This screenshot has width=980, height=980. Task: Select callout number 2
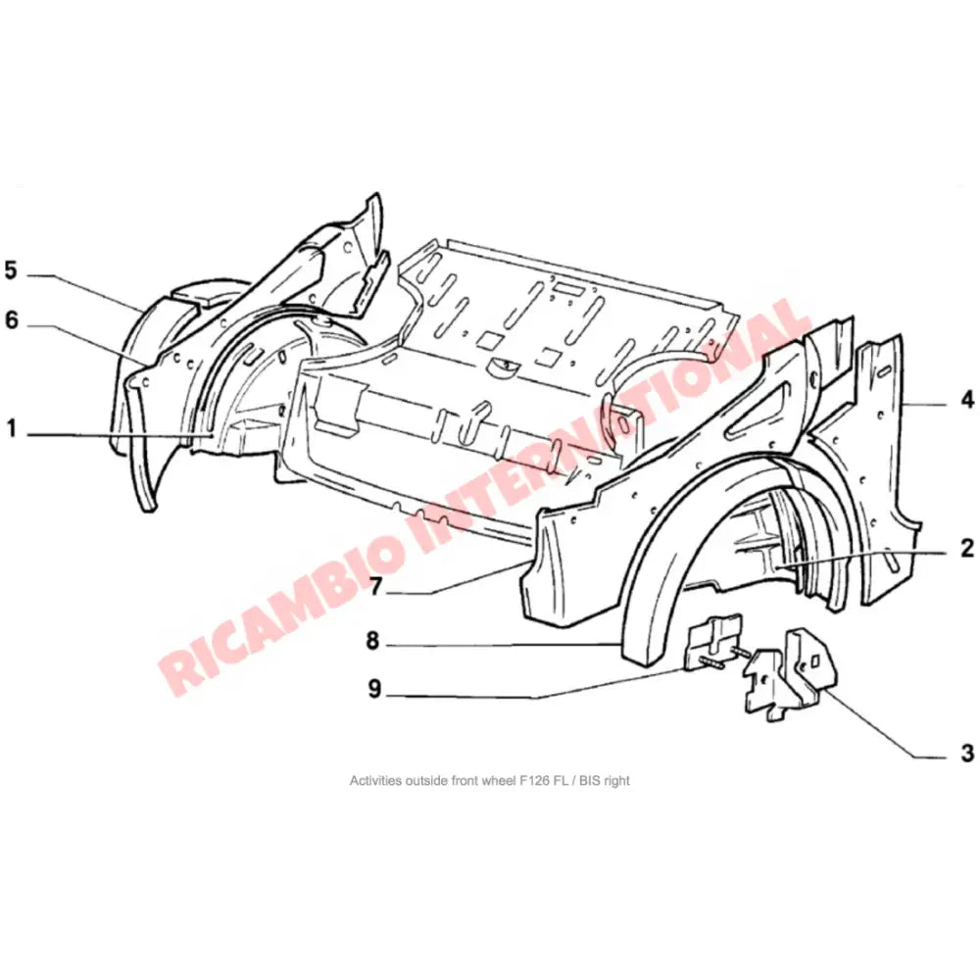(966, 548)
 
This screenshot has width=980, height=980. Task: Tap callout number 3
(966, 754)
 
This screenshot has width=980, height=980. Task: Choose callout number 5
(11, 270)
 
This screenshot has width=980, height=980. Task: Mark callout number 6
(11, 320)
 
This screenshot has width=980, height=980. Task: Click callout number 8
(374, 642)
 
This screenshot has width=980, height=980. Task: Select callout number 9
(374, 689)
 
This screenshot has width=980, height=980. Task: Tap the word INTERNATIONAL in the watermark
(608, 431)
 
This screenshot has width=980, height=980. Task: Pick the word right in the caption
(616, 781)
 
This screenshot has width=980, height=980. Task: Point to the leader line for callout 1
(118, 432)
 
